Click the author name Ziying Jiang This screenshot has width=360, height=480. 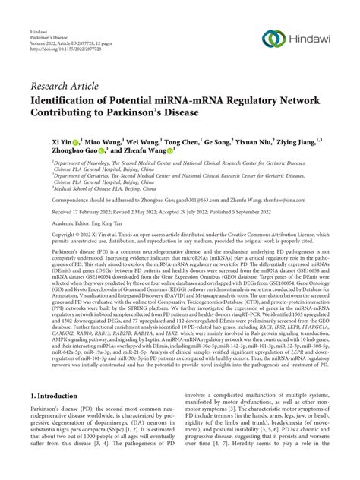312,141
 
